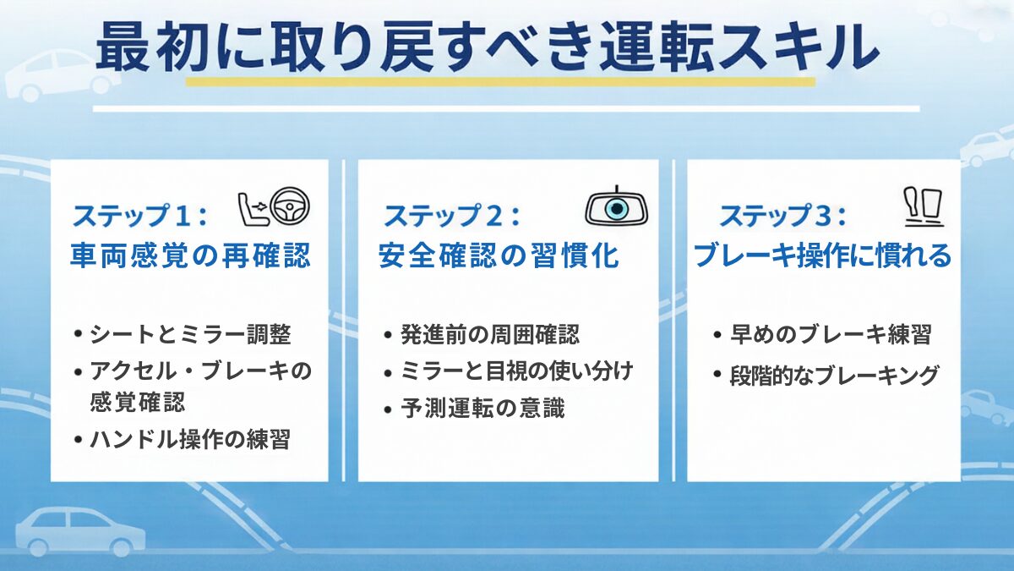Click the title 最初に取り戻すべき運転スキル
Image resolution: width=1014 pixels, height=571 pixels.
(x=487, y=47)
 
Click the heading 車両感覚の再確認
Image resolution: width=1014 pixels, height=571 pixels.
(x=189, y=255)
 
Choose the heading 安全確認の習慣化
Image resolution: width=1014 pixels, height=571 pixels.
(x=499, y=255)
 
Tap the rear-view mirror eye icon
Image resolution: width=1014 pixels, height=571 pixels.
(x=617, y=207)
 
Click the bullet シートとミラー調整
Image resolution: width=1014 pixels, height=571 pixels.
(x=189, y=334)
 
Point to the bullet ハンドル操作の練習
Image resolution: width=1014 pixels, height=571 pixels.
(x=189, y=439)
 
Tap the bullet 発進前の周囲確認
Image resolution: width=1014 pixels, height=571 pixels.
(x=490, y=334)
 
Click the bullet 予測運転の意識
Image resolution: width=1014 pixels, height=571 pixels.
(x=482, y=409)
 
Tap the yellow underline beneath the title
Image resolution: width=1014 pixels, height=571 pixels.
(x=499, y=82)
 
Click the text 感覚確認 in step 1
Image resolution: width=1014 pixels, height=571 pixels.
(x=137, y=403)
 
